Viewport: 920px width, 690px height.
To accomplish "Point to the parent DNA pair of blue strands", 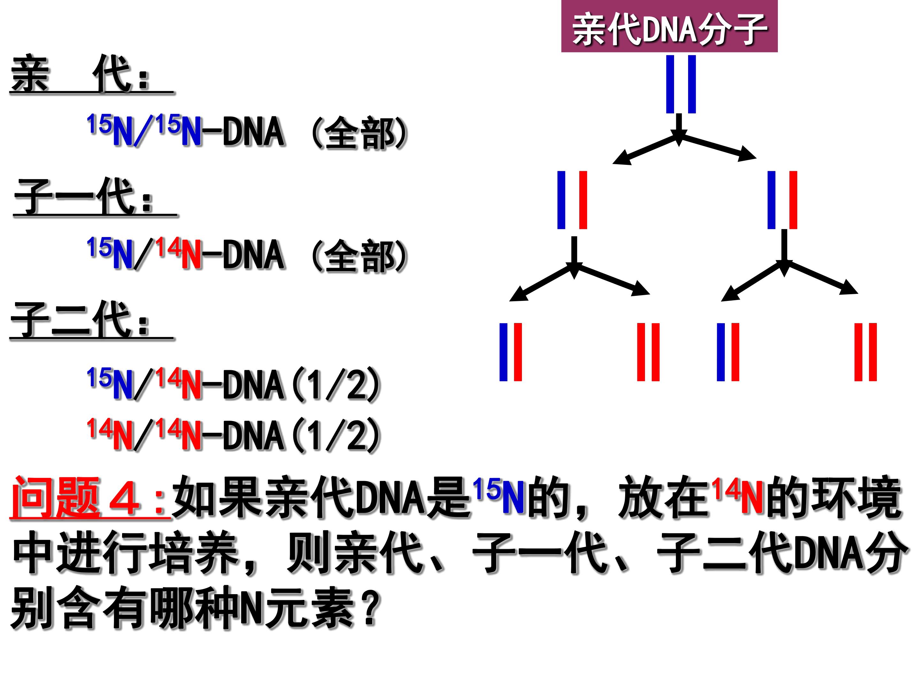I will pos(681,84).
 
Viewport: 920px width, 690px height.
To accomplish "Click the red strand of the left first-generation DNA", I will pos(583,200).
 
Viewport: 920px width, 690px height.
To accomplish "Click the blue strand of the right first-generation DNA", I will pos(771,200).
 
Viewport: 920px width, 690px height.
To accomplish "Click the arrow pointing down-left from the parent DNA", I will pos(645,150).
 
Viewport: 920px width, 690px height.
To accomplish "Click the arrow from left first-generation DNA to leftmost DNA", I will pos(541,283).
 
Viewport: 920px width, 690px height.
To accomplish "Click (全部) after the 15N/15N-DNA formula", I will pos(360,133).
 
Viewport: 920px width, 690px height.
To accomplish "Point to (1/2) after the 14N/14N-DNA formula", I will pos(337,436).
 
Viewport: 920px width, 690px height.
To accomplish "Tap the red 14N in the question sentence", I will pos(738,497).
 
